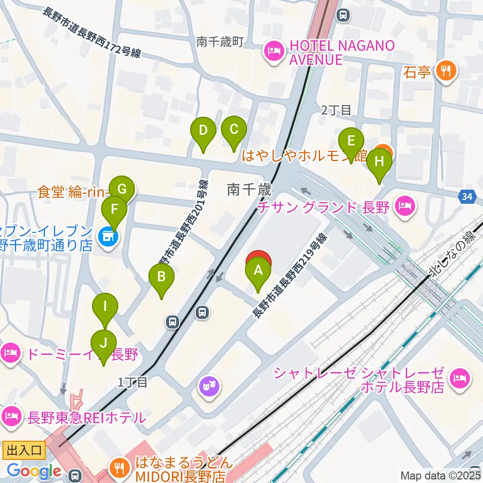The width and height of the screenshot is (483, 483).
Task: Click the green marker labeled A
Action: (x=258, y=272)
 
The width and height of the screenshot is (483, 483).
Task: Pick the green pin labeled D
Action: (x=203, y=132)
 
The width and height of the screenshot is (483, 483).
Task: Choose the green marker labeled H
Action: (x=379, y=163)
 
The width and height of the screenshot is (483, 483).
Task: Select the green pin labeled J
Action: (x=104, y=345)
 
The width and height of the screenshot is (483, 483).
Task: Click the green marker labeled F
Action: (x=114, y=210)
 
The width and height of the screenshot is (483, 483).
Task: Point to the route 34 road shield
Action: (x=467, y=197)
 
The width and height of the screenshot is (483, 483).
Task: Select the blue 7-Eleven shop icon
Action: (x=107, y=234)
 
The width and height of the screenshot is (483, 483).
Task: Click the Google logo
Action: (x=34, y=471)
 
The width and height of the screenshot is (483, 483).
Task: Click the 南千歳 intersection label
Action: (x=249, y=189)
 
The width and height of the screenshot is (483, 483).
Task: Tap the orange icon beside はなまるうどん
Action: (x=119, y=468)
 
